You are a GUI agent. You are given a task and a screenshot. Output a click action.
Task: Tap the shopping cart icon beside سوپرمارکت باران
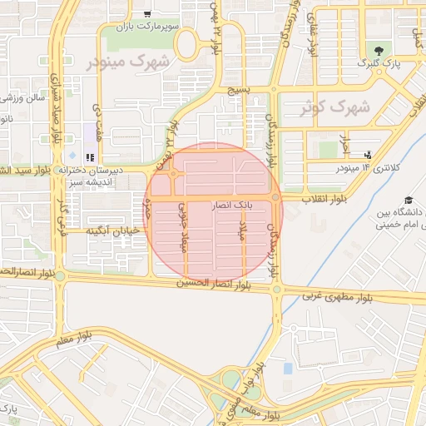tap(147, 13)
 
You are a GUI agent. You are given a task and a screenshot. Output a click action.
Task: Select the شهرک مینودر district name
tap(129, 62)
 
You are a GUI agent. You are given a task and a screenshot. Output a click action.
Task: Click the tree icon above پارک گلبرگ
tap(380, 51)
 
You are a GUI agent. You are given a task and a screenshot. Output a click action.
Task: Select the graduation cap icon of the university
tap(409, 200)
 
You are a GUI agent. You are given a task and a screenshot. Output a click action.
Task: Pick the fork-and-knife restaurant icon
tap(89, 156)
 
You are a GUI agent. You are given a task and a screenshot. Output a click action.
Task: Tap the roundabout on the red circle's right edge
tap(275, 197)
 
